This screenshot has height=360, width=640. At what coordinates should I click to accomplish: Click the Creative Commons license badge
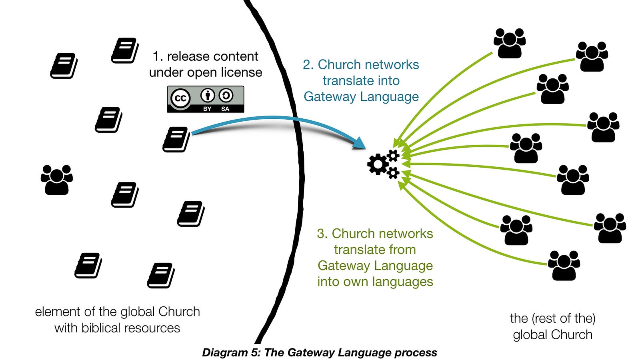pyautogui.click(x=205, y=99)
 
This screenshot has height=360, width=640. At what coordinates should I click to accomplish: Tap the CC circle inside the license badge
pyautogui.click(x=180, y=98)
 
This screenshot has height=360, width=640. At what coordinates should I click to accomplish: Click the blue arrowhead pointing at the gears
pyautogui.click(x=360, y=144)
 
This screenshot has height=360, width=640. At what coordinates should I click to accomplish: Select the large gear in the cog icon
pyautogui.click(x=378, y=164)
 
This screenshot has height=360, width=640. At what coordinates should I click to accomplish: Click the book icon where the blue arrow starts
pyautogui.click(x=176, y=139)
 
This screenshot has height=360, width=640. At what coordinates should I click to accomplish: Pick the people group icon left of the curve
pyautogui.click(x=56, y=180)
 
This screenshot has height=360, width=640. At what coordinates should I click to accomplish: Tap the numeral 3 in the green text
pyautogui.click(x=321, y=233)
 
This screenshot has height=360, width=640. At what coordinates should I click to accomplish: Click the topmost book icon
pyautogui.click(x=125, y=50)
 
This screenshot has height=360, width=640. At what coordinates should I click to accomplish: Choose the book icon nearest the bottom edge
pyautogui.click(x=161, y=276)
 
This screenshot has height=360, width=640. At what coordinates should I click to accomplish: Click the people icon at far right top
pyautogui.click(x=592, y=56)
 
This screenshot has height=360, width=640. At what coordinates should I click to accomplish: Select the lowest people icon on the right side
pyautogui.click(x=564, y=265)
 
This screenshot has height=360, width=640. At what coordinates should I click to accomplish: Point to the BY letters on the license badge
pyautogui.click(x=207, y=109)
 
